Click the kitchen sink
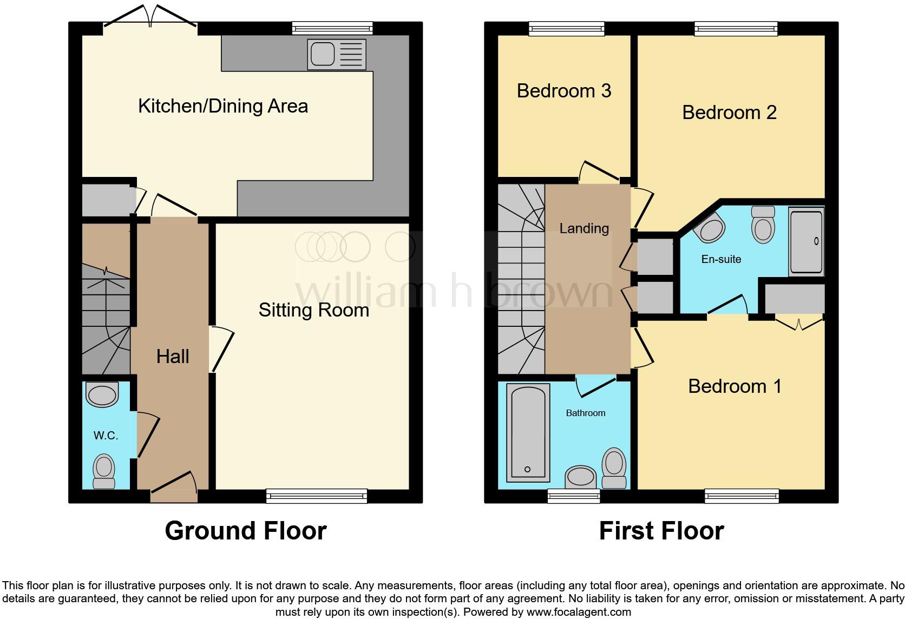(x=336, y=54)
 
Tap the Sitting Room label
(x=313, y=310)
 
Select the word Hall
(x=173, y=356)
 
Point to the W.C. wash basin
(x=102, y=395)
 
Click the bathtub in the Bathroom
(x=527, y=433)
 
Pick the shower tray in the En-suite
(x=806, y=241)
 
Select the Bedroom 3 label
(x=563, y=90)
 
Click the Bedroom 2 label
(x=729, y=112)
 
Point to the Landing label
(x=584, y=228)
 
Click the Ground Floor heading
(x=245, y=531)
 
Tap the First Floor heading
(x=661, y=531)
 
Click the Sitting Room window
(x=317, y=496)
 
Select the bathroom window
(x=573, y=496)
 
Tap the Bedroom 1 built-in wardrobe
(x=794, y=299)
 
